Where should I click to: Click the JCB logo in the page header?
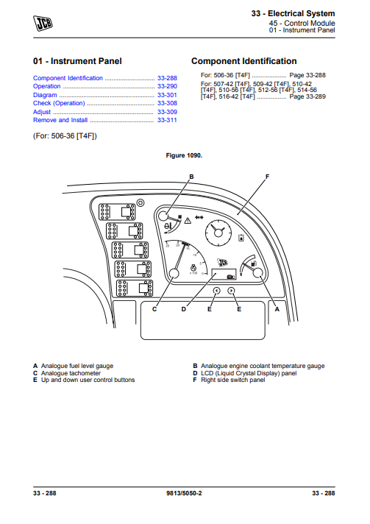pyautogui.click(x=43, y=24)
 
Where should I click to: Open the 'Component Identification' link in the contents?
pyautogui.click(x=68, y=78)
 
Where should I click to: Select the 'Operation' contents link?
pyautogui.click(x=47, y=86)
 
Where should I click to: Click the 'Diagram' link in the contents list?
pyautogui.click(x=45, y=95)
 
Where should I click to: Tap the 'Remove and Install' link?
pyautogui.click(x=60, y=120)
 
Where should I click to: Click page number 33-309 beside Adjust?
pyautogui.click(x=167, y=112)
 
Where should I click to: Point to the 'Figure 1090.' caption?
pyautogui.click(x=184, y=155)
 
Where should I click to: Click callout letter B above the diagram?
pyautogui.click(x=191, y=177)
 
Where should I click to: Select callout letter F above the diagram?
pyautogui.click(x=267, y=177)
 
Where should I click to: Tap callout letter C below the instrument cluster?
pyautogui.click(x=154, y=309)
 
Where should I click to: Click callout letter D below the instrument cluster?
pyautogui.click(x=184, y=309)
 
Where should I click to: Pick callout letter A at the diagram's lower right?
pyautogui.click(x=277, y=309)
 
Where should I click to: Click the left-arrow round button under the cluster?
pyautogui.click(x=216, y=291)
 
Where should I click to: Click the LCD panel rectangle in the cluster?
pyautogui.click(x=224, y=274)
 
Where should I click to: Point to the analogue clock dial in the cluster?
pyautogui.click(x=218, y=233)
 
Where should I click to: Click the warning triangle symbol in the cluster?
pyautogui.click(x=188, y=221)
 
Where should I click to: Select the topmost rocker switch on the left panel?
pyautogui.click(x=117, y=212)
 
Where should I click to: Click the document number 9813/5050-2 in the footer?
pyautogui.click(x=184, y=493)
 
